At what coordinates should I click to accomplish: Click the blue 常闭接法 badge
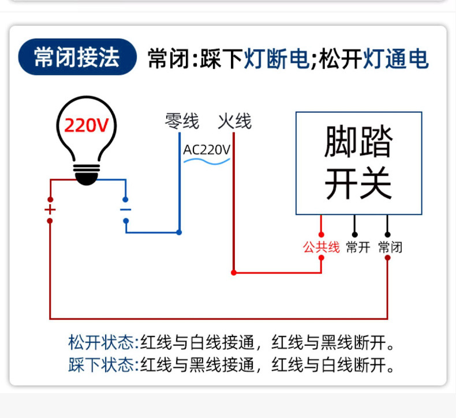(77, 58)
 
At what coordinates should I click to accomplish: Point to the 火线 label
(234, 122)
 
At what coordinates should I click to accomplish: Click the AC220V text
(207, 150)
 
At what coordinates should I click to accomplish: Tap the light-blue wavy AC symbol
(207, 162)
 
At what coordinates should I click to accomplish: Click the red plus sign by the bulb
(50, 209)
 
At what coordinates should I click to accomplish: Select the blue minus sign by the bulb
(125, 209)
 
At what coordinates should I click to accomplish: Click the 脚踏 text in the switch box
(358, 142)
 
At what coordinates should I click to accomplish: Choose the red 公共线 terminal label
(321, 247)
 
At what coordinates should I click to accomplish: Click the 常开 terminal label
(357, 247)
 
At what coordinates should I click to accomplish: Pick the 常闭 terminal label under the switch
(390, 247)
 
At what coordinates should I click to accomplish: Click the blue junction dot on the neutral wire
(179, 232)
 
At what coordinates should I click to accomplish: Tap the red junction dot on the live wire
(234, 272)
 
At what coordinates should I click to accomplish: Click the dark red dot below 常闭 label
(387, 258)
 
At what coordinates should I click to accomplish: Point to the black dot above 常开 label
(354, 235)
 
